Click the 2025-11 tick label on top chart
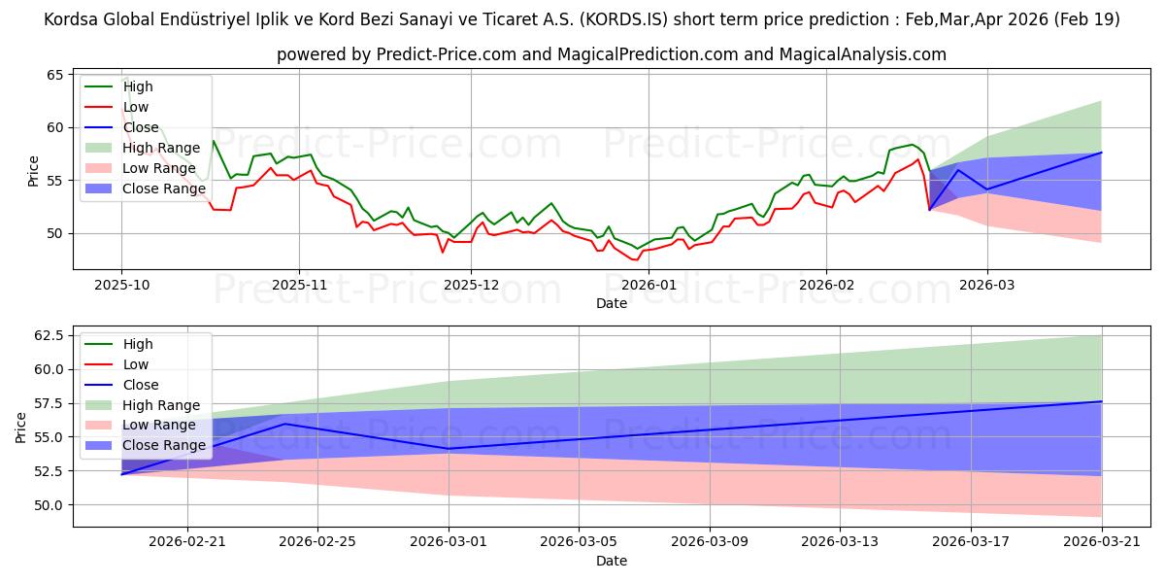299,285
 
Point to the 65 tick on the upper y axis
54,75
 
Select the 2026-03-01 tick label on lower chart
449,542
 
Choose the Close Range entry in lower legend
165,446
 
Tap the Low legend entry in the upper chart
137,107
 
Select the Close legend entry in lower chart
142,385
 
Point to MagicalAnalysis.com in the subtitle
852,54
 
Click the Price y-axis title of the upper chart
34,170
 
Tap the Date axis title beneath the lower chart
611,561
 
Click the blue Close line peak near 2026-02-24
284,424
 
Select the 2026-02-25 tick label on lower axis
318,542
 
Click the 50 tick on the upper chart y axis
54,233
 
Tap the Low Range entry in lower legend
161,426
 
